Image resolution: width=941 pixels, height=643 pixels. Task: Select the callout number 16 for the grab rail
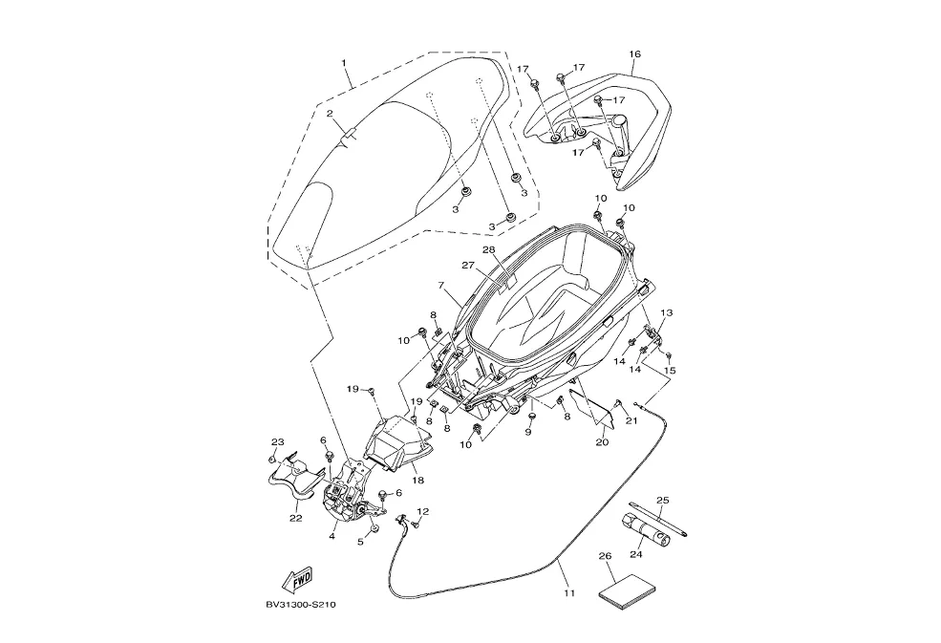[x=635, y=54]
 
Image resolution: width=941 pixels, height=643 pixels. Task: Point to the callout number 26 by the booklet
[x=604, y=555]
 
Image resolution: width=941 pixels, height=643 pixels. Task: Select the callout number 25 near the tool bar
[x=663, y=500]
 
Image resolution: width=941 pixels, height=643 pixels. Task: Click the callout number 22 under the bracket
[x=296, y=518]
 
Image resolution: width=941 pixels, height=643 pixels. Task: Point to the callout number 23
[x=278, y=441]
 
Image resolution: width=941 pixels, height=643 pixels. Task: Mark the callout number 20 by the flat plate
[x=602, y=442]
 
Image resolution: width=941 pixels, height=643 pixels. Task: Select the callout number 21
[x=631, y=420]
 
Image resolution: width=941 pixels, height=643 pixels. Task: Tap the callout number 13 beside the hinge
[x=667, y=312]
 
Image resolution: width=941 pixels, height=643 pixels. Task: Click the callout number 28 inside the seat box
[x=488, y=250]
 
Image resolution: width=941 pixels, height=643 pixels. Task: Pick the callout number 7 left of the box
[x=441, y=285]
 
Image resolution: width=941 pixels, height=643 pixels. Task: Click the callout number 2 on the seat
[x=330, y=114]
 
